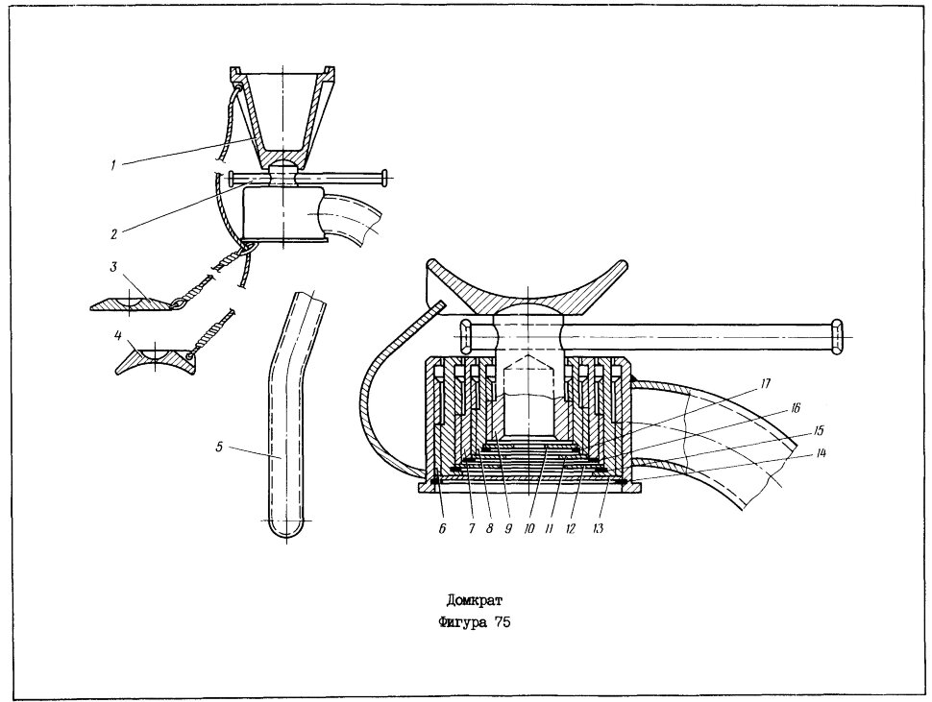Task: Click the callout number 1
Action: tap(112, 166)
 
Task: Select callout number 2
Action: tap(113, 233)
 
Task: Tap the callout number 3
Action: tap(113, 267)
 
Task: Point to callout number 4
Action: tap(117, 336)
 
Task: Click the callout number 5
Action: tap(219, 447)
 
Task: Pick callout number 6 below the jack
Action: tap(442, 528)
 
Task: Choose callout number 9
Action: tap(509, 528)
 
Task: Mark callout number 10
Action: tap(529, 528)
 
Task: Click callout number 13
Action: tap(598, 528)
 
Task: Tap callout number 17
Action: tap(765, 384)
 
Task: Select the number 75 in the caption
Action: tap(502, 623)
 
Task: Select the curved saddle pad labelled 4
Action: tap(156, 360)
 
